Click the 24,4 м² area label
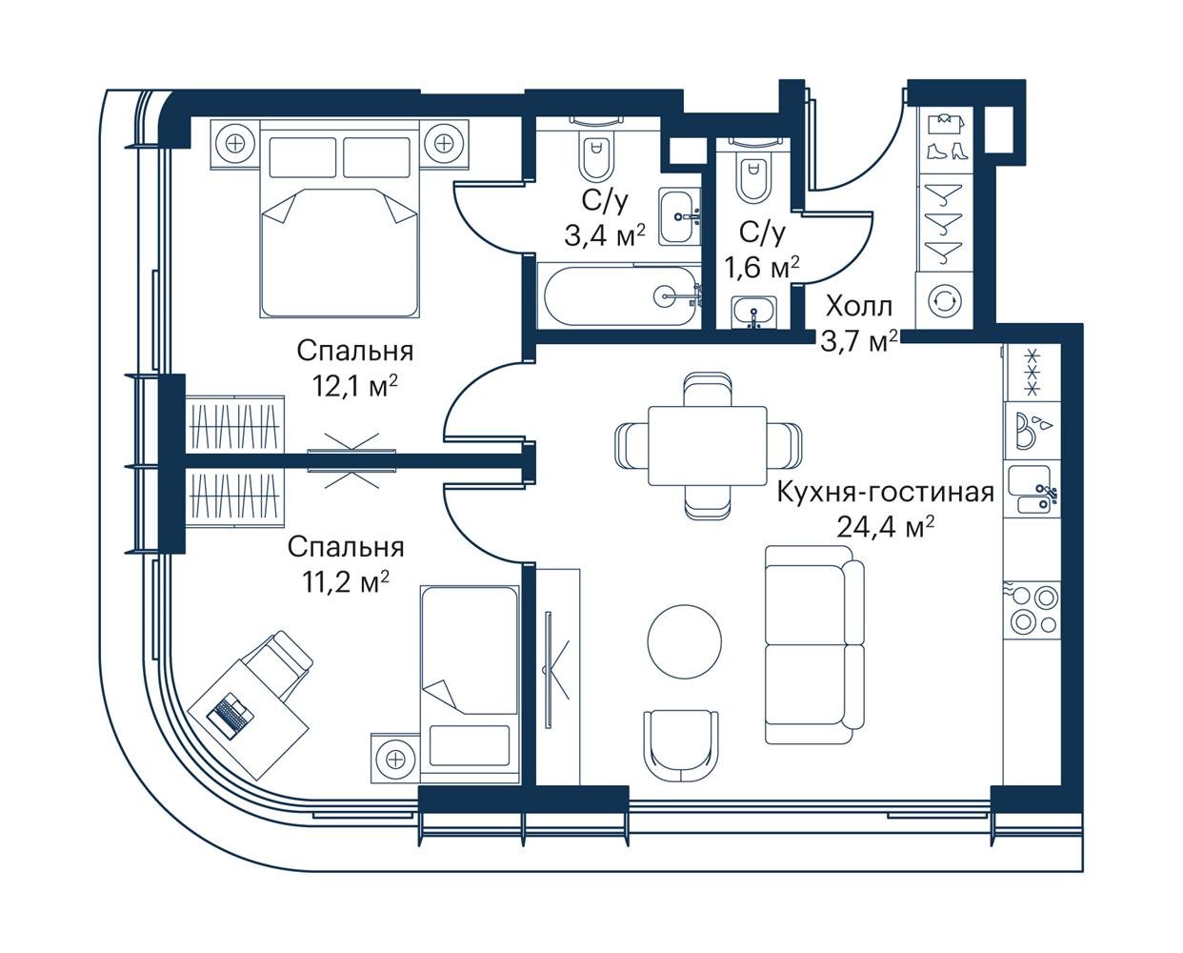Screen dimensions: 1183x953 tap(885, 527)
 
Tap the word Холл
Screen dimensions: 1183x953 tap(858, 307)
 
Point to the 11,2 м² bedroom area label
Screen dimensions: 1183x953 tap(346, 581)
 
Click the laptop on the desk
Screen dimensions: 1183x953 tap(231, 716)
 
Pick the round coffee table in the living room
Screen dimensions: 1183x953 tap(685, 641)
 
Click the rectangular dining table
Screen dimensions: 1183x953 tap(707, 446)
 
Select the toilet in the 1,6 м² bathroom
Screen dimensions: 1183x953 tap(752, 175)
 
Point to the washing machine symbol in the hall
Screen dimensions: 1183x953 tap(945, 300)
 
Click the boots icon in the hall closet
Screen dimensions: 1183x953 tap(945, 152)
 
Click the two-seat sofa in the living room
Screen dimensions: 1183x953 tap(814, 645)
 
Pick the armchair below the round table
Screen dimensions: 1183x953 tap(681, 746)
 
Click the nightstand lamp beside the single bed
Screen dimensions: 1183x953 tap(394, 760)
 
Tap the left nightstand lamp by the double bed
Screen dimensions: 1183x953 tap(236, 144)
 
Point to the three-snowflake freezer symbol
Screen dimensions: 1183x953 tap(1032, 372)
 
